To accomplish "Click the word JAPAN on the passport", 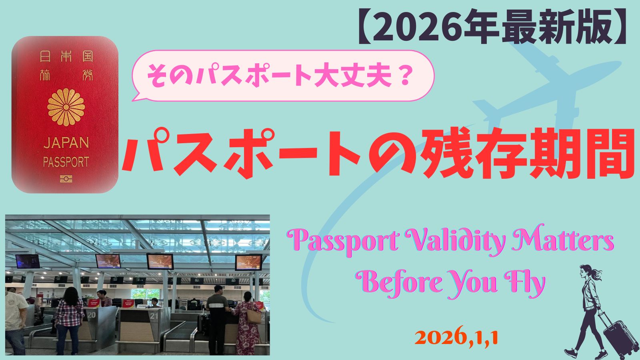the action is (66, 142).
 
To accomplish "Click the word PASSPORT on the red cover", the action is (66, 162).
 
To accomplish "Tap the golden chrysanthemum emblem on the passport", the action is (66, 107).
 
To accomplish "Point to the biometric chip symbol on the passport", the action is (66, 179).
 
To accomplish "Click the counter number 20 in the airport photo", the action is (92, 315).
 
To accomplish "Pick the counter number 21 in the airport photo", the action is (154, 316).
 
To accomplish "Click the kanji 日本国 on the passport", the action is (66, 56).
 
